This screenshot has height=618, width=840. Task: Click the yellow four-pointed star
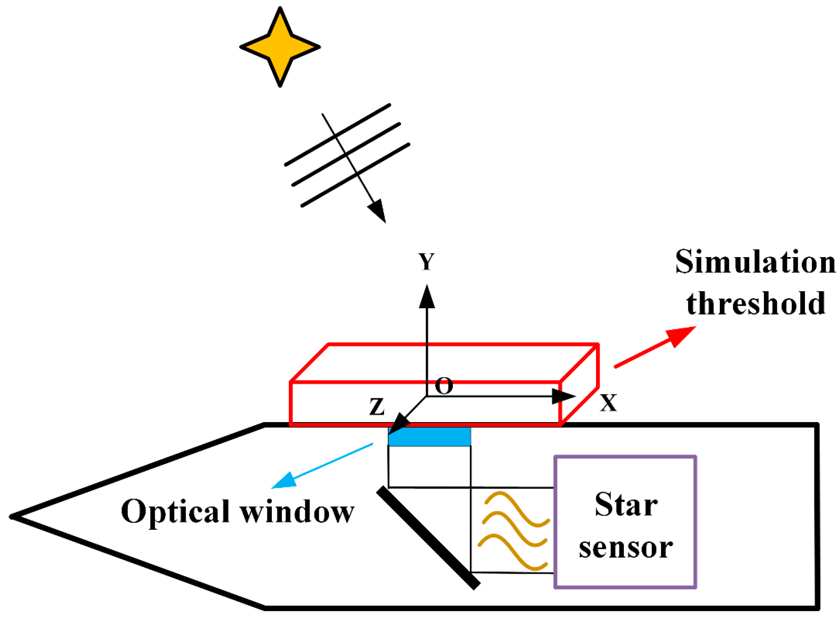[280, 47]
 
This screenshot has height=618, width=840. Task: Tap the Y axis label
[427, 262]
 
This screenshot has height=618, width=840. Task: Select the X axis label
[608, 403]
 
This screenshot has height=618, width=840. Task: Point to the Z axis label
[377, 406]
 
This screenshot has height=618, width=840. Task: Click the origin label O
[444, 386]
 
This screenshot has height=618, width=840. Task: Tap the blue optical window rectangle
[429, 437]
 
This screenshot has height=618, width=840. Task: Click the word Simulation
[755, 262]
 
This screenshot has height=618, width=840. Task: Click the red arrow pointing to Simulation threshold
[655, 346]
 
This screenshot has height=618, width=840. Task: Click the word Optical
[175, 512]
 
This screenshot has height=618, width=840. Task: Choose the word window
[297, 512]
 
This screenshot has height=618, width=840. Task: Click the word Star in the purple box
[626, 505]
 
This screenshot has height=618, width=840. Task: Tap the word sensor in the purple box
[626, 548]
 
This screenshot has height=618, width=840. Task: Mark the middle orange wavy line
[515, 530]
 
